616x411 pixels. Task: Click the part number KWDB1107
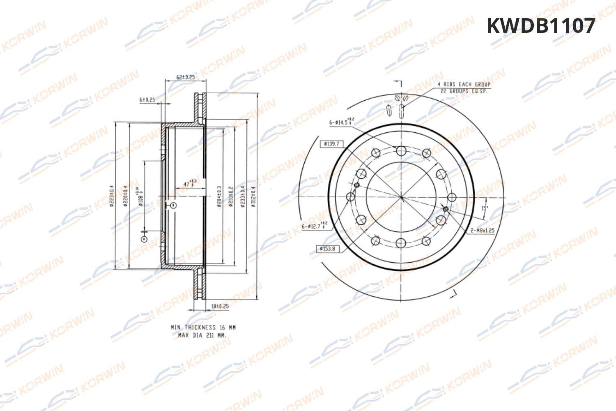tap(540, 26)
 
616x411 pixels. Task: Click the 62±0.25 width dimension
tap(185, 77)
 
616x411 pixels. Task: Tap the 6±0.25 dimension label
tap(147, 99)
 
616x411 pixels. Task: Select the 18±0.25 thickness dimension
tap(220, 306)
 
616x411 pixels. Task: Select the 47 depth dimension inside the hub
tap(189, 184)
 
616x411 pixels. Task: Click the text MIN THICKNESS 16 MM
tap(203, 328)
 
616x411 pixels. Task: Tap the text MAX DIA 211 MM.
tap(202, 335)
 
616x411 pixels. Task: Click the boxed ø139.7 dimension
tap(331, 144)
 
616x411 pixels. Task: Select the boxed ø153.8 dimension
tap(327, 249)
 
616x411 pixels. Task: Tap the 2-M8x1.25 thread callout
tap(483, 230)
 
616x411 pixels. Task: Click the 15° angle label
tap(484, 208)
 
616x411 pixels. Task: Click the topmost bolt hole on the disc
tap(401, 151)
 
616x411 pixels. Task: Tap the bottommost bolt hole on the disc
tap(401, 243)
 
